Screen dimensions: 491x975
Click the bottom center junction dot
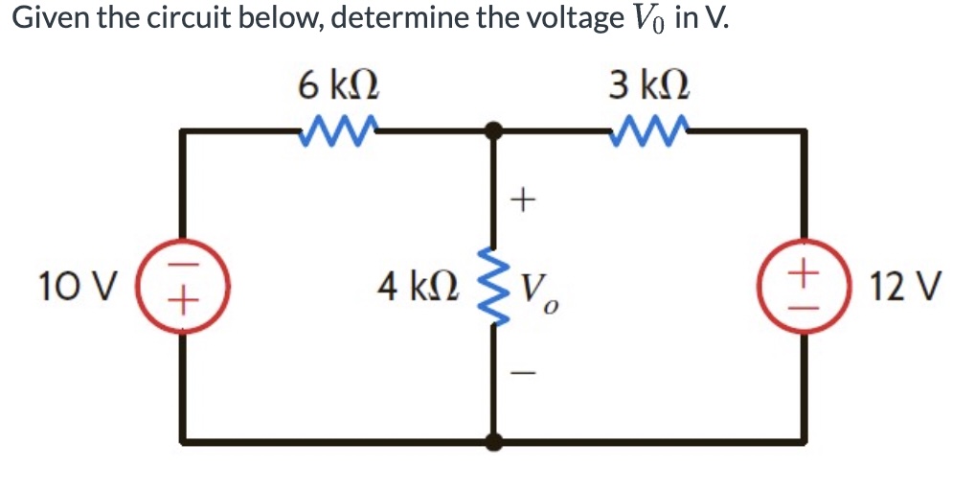494,442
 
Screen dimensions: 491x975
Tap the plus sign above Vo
521,200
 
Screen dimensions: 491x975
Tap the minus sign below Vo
520,374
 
